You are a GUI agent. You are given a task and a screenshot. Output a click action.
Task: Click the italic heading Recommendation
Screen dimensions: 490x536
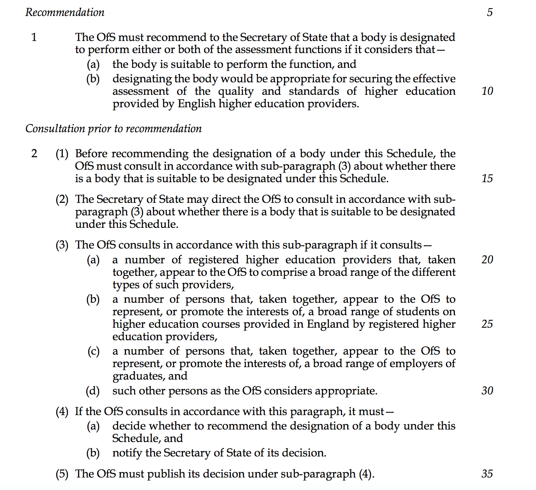click(65, 12)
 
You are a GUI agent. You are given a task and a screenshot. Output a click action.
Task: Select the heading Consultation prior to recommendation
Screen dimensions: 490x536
click(114, 129)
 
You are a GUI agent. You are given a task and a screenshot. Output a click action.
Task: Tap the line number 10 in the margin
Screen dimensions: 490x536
click(487, 91)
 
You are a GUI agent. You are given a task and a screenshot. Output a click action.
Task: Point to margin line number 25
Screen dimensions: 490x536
click(487, 324)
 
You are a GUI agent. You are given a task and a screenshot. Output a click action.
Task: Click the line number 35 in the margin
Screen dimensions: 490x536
click(487, 474)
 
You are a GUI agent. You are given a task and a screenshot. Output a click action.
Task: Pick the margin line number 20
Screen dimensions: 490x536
click(487, 260)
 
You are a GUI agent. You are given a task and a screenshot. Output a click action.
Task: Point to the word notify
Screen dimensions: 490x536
click(127, 453)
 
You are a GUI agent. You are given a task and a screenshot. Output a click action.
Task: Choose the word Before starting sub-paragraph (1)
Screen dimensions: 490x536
click(92, 154)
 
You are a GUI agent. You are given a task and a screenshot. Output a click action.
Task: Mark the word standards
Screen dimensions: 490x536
click(314, 91)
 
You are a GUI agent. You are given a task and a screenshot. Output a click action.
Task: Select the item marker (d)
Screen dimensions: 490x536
click(93, 391)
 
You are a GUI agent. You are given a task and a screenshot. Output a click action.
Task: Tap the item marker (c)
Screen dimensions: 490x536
click(93, 352)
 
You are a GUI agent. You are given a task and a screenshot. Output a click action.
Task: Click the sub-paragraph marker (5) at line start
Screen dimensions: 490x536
click(62, 474)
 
